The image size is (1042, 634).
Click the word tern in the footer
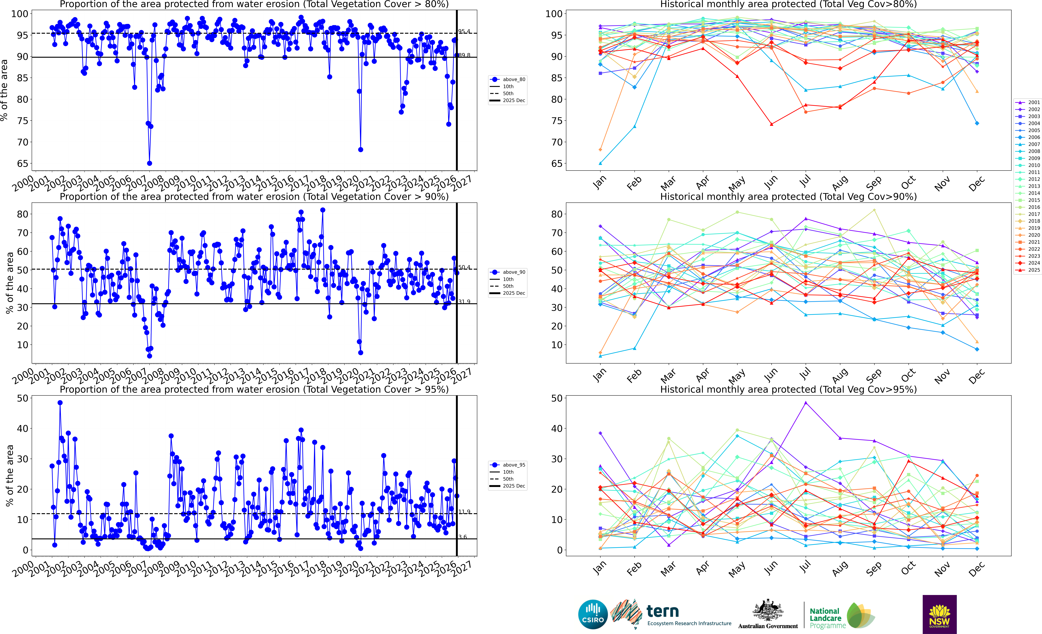[662, 611]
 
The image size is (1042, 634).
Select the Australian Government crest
[768, 610]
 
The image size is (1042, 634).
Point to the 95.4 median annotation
[464, 31]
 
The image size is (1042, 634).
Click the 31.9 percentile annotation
[464, 301]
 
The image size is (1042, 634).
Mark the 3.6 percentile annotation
[463, 537]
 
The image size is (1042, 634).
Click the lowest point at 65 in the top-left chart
[149, 163]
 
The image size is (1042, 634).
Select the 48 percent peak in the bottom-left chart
[60, 403]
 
